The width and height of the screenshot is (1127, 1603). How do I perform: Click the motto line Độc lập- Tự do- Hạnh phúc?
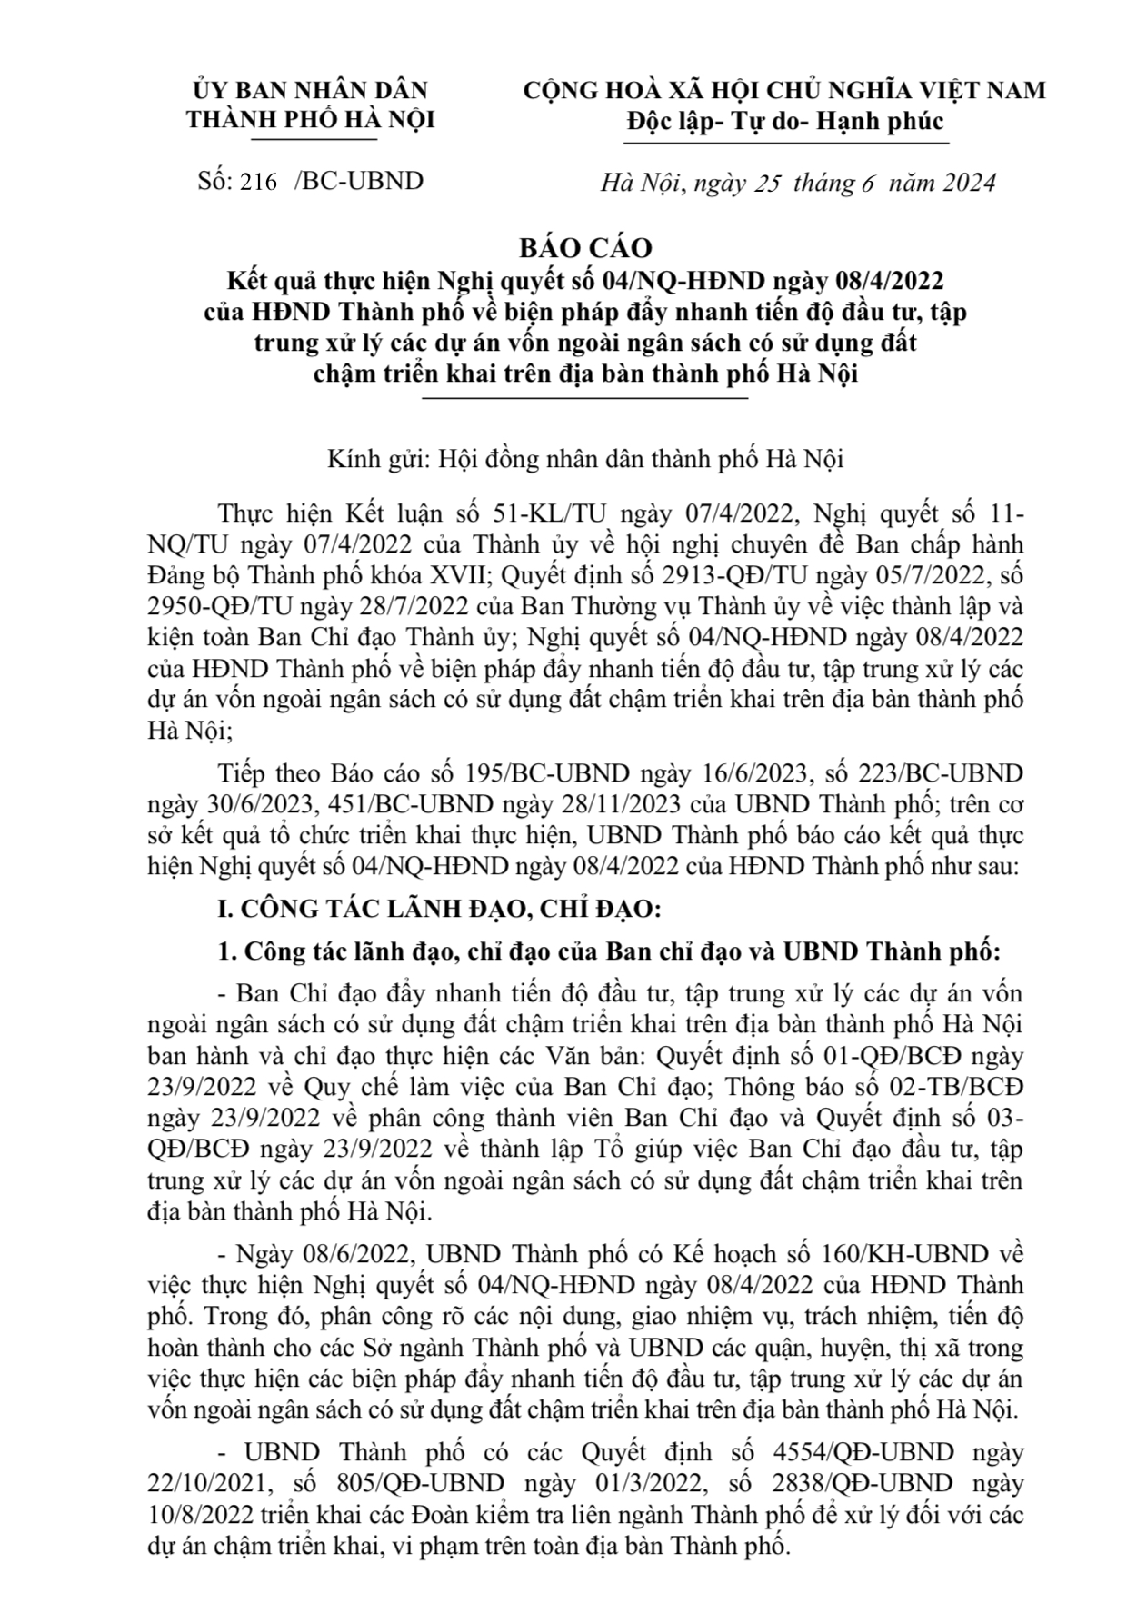click(x=786, y=121)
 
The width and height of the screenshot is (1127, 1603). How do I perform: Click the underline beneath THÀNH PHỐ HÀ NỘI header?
click(x=313, y=139)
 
